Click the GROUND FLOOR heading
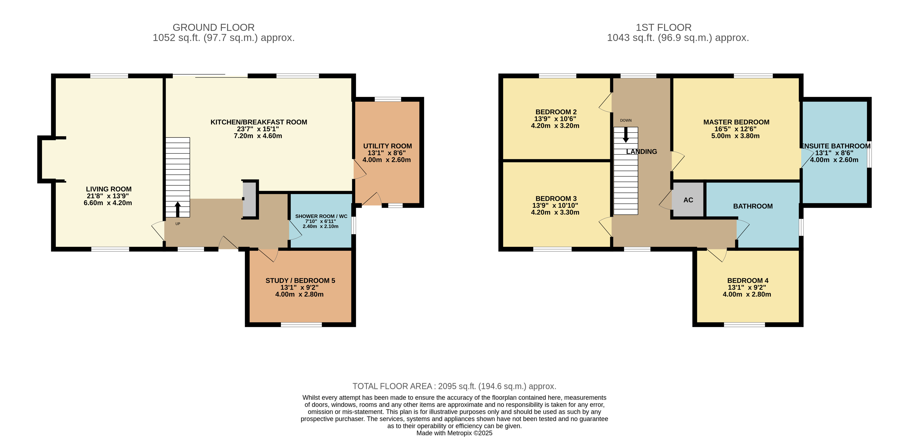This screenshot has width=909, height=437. (x=214, y=27)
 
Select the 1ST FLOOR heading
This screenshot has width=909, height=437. (x=663, y=27)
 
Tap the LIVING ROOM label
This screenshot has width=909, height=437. (x=109, y=189)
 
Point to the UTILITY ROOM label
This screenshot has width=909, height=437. (x=387, y=146)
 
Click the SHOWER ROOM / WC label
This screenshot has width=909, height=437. (x=321, y=216)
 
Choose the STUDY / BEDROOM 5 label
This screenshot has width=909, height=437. (x=300, y=281)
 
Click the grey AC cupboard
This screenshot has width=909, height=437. (x=688, y=200)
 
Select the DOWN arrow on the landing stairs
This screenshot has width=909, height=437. (x=626, y=135)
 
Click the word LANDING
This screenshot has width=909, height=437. (x=642, y=152)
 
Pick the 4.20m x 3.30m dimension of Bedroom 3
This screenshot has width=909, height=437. (x=555, y=212)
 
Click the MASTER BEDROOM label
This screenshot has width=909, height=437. (x=736, y=122)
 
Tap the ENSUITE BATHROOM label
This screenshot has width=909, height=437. (x=836, y=146)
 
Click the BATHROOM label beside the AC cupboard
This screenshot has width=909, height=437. (x=753, y=206)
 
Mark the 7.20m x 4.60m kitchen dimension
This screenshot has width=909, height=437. (x=258, y=136)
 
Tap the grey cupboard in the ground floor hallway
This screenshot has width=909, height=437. (x=250, y=199)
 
